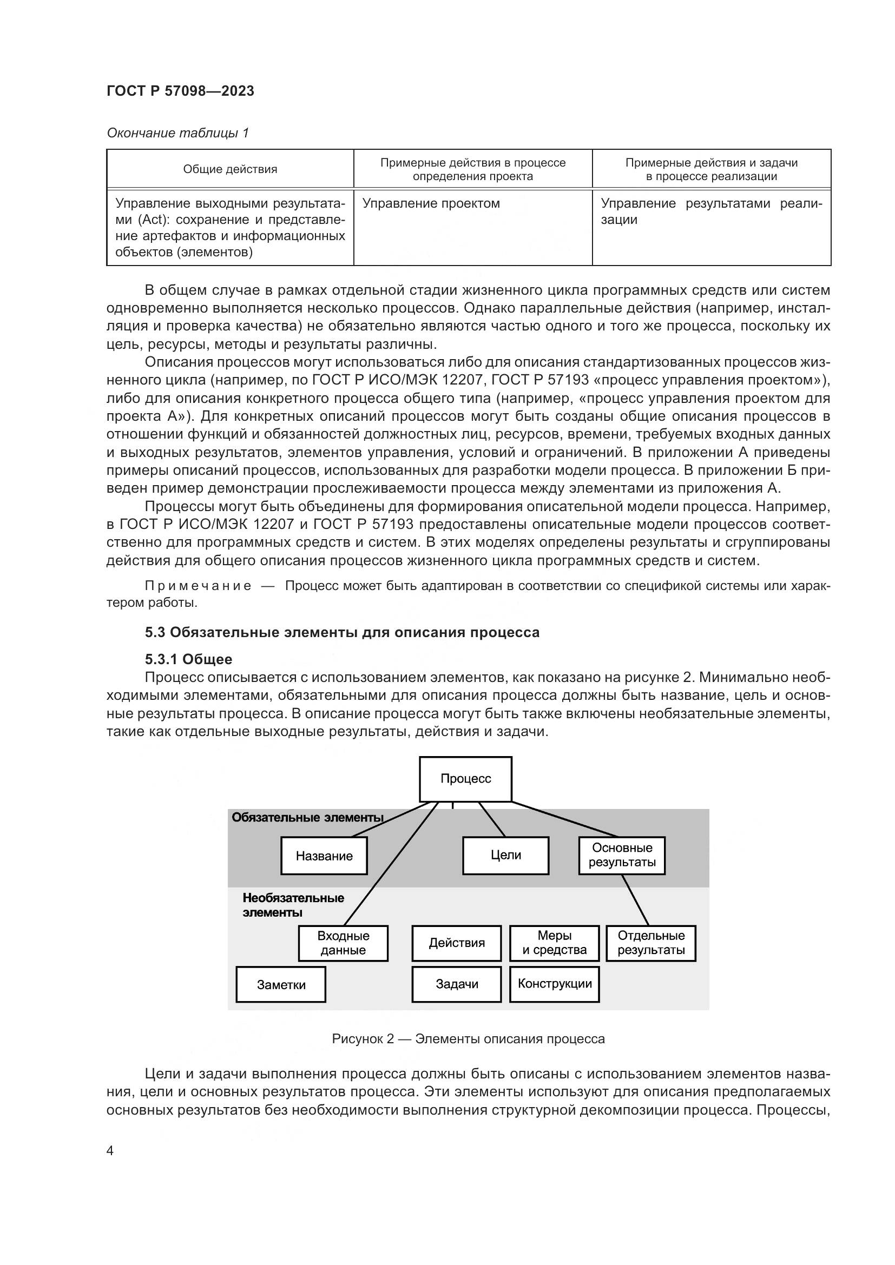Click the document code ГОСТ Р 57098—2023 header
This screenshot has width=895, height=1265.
point(180,91)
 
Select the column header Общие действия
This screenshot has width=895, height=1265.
point(231,169)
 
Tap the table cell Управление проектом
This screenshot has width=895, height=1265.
point(431,203)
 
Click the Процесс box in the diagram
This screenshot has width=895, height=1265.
point(466,778)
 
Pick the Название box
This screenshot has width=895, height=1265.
point(324,856)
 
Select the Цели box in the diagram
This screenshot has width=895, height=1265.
point(506,855)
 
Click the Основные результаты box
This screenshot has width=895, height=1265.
point(622,855)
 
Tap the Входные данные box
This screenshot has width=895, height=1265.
point(344,943)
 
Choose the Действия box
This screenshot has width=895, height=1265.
point(457,943)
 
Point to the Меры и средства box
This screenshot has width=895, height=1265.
point(555,943)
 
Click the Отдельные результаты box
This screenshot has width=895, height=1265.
point(651,943)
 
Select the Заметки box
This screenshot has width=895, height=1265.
point(281,984)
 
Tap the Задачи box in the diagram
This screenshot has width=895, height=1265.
point(457,984)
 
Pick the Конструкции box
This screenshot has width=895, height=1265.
point(555,984)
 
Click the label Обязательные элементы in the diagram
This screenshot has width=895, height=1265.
point(307,817)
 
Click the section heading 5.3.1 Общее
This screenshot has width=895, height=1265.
point(188,659)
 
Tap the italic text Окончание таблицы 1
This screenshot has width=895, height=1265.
point(177,133)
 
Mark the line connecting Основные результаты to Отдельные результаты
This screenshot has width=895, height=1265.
point(635,900)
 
